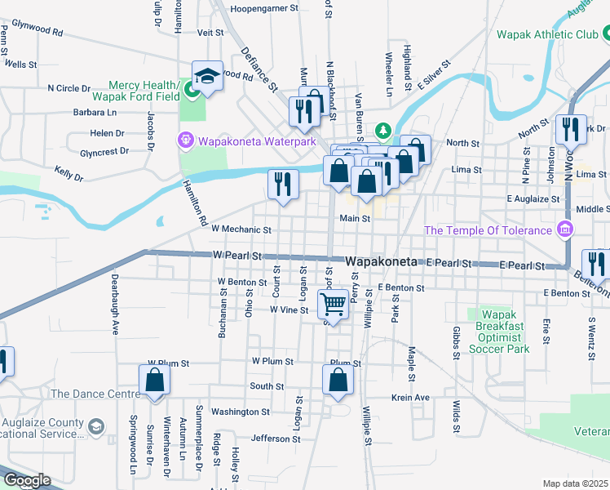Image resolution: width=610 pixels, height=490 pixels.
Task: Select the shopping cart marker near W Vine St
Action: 334,305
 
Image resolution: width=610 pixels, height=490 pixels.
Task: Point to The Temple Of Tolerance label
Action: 488,230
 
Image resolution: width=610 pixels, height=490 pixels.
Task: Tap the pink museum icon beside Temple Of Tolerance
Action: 563,228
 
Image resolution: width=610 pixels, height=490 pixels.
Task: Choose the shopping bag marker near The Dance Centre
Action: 153,381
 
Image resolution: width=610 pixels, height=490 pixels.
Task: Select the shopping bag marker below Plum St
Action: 338,381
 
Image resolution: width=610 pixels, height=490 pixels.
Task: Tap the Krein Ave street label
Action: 410,398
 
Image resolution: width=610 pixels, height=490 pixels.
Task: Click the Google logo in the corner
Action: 26,481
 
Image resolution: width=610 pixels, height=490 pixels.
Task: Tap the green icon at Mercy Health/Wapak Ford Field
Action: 193,87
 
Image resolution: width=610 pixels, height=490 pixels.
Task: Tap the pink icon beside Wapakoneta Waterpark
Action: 186,141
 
